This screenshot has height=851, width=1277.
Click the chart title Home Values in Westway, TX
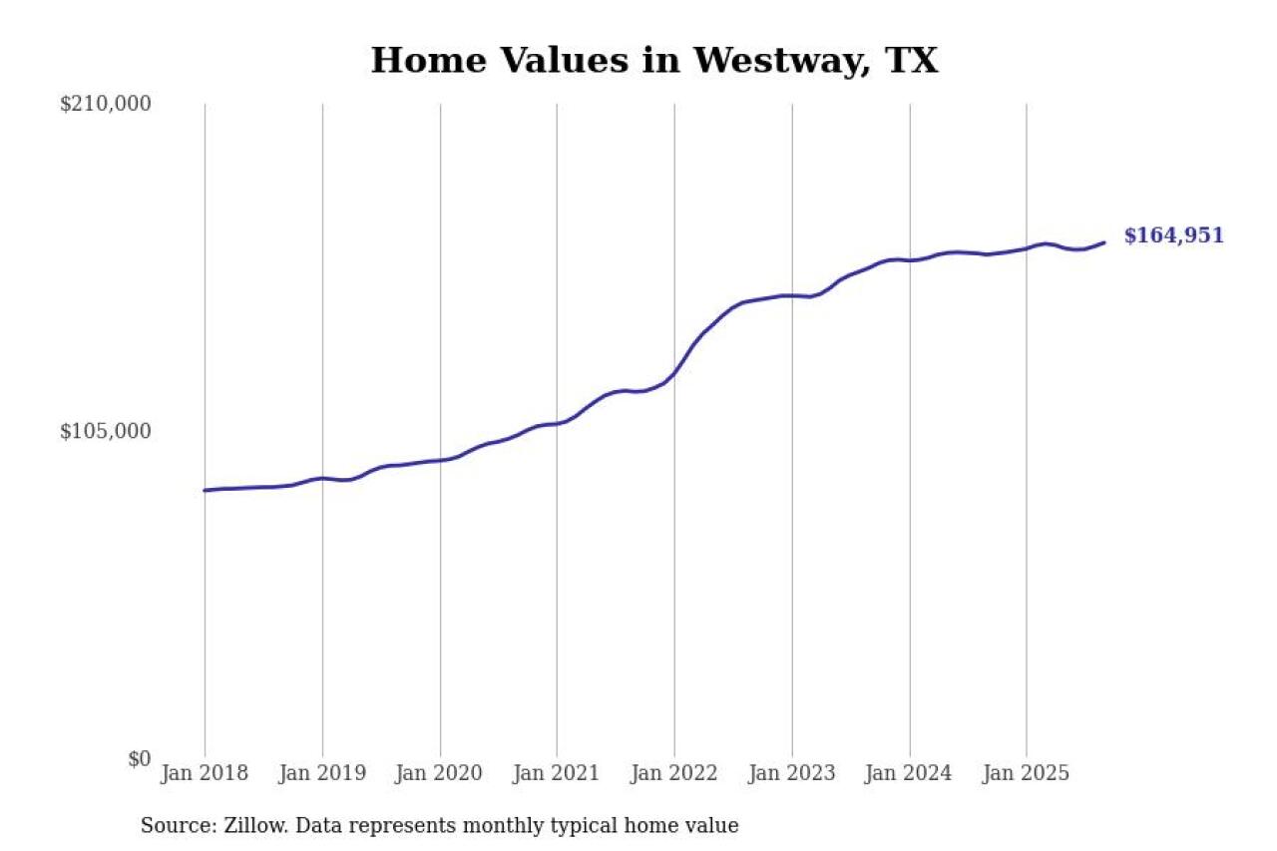(x=654, y=60)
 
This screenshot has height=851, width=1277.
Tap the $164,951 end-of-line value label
(x=1173, y=236)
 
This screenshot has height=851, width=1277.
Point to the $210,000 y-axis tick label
(x=106, y=104)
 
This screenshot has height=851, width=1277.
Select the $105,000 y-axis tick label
(x=106, y=431)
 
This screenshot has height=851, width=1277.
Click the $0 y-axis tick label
(x=139, y=758)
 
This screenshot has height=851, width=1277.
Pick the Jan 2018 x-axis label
(x=205, y=773)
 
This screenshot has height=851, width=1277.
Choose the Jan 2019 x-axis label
(x=322, y=773)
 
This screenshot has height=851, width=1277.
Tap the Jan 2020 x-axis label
(x=440, y=773)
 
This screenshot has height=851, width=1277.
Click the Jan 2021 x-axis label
(x=557, y=773)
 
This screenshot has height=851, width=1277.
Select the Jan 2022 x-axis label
(x=674, y=773)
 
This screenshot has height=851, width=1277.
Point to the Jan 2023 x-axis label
(x=792, y=773)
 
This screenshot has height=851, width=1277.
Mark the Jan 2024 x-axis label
(x=909, y=773)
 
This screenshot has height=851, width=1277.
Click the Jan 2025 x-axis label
(x=1027, y=773)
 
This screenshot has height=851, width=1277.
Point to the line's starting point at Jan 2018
(x=206, y=490)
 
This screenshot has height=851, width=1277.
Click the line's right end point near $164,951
(x=1103, y=242)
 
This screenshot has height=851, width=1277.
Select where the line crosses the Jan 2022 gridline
(x=674, y=374)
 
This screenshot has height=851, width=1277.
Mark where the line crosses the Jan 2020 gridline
(x=440, y=460)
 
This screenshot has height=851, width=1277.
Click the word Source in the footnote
(x=171, y=826)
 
